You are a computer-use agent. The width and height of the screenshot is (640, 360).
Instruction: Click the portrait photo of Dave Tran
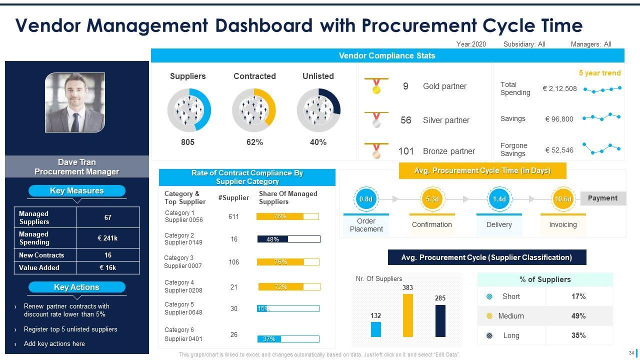click(x=75, y=102)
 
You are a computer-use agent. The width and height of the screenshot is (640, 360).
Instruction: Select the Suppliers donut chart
click(x=189, y=110)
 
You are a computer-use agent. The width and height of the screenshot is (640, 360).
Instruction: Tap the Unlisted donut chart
click(x=318, y=110)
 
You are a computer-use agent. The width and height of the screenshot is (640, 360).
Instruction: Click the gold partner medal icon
click(x=376, y=86)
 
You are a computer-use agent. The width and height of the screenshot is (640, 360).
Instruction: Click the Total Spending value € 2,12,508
click(x=559, y=88)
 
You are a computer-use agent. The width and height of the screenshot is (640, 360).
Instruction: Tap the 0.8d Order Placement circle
click(x=366, y=199)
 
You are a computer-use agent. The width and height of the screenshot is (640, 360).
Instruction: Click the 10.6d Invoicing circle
click(x=562, y=199)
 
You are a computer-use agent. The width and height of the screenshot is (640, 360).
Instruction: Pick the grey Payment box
click(x=602, y=198)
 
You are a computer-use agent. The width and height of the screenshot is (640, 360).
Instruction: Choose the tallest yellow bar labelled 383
click(x=408, y=315)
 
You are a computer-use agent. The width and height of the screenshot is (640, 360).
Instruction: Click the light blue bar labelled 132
click(x=376, y=329)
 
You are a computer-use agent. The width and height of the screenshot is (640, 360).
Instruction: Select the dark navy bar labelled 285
click(x=440, y=320)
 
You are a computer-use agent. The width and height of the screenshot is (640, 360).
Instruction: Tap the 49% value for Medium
click(x=578, y=316)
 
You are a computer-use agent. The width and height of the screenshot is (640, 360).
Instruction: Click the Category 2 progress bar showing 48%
click(x=288, y=239)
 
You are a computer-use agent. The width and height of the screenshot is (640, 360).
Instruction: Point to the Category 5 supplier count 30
click(x=234, y=308)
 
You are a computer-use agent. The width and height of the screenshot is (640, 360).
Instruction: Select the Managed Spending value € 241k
click(x=107, y=238)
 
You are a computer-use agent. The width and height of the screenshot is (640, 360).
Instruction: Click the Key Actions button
click(x=76, y=287)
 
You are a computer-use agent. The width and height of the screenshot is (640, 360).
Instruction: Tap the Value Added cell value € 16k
click(x=107, y=267)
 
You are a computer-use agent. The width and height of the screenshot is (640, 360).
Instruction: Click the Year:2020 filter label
click(x=471, y=44)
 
